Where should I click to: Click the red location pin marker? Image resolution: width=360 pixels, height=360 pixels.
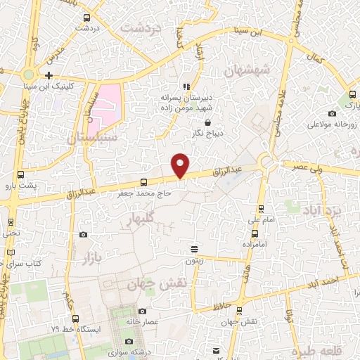click(x=181, y=165)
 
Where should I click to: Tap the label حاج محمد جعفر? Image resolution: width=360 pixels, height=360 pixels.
click(x=144, y=191)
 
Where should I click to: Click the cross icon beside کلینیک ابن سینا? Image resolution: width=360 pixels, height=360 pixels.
click(x=49, y=75)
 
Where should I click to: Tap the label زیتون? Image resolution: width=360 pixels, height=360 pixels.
click(x=195, y=260)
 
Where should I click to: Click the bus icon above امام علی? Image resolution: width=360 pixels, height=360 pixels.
click(x=262, y=209)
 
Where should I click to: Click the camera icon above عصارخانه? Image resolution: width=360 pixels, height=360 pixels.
click(x=142, y=311)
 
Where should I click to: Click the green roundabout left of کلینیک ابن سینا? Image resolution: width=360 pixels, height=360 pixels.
click(x=28, y=75)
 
